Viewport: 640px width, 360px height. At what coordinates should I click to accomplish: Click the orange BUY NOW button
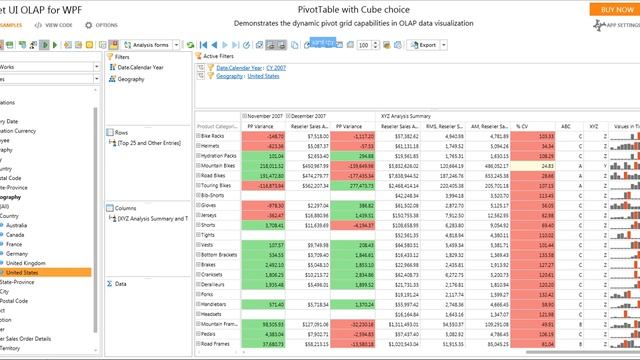[x=612, y=8]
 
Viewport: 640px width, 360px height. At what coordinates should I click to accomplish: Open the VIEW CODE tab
[x=57, y=24]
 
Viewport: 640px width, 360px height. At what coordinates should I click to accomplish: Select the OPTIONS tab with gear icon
[x=106, y=24]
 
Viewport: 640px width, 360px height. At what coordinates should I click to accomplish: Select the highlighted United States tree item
[x=27, y=272]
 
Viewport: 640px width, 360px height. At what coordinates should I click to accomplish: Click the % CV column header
[x=522, y=127]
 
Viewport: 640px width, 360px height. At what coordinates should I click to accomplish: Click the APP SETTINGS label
[x=620, y=24]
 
